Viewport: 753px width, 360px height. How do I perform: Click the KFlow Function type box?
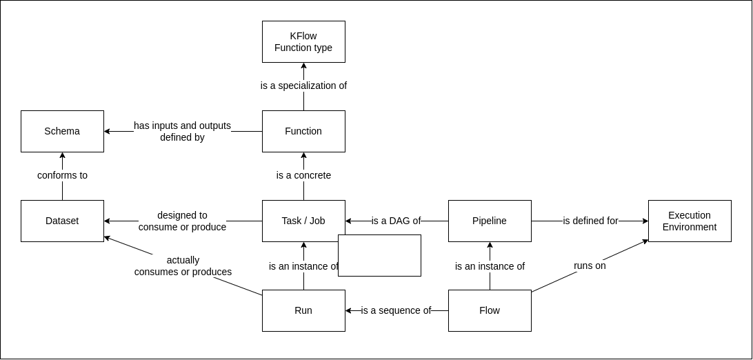(x=303, y=41)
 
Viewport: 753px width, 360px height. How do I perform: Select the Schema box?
(x=62, y=131)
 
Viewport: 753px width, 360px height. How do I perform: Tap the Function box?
(x=303, y=131)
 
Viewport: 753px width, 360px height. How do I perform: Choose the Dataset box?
(x=62, y=221)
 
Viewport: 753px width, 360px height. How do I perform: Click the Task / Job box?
(x=303, y=221)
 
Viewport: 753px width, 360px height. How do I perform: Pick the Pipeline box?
(x=490, y=221)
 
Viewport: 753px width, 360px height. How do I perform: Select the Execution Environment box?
(x=690, y=221)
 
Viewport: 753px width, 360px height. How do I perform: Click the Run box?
(x=303, y=310)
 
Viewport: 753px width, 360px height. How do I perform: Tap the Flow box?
(x=490, y=310)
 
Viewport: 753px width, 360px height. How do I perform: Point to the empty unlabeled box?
(x=379, y=255)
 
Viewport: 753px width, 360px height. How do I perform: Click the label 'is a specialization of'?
(x=303, y=86)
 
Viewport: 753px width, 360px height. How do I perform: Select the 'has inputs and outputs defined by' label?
(x=182, y=131)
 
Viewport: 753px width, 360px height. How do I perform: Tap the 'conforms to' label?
(x=62, y=175)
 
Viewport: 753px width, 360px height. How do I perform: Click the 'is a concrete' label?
(x=303, y=175)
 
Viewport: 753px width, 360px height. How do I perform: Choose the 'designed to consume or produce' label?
(x=182, y=221)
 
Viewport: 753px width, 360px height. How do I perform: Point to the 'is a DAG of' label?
(x=396, y=221)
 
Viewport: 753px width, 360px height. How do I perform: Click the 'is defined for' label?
(x=590, y=221)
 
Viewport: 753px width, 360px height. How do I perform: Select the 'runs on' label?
(x=590, y=266)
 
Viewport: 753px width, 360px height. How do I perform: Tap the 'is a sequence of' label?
(x=396, y=310)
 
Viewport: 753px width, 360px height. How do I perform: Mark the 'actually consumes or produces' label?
(x=183, y=266)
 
